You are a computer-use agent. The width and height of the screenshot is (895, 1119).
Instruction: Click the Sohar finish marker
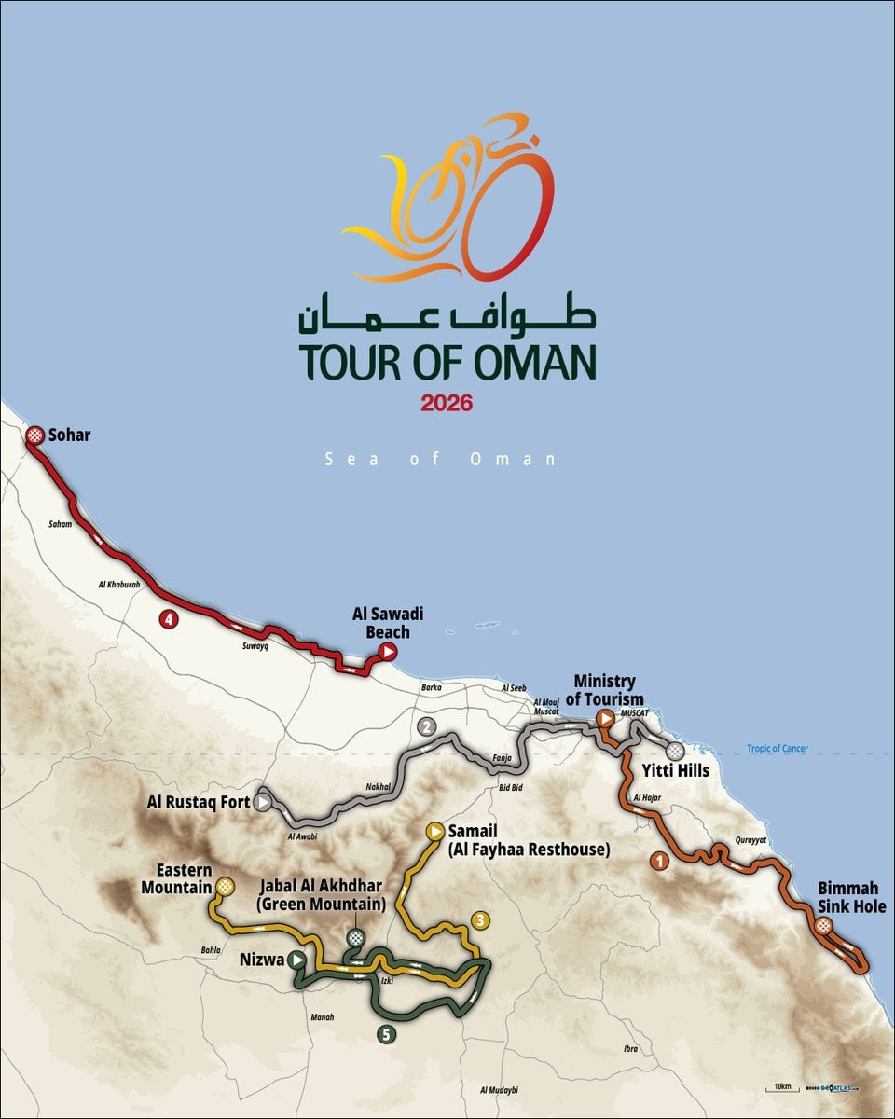pos(34,435)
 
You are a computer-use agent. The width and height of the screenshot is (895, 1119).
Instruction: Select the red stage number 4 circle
pos(167,618)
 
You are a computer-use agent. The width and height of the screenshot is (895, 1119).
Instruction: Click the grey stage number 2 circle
pos(427,727)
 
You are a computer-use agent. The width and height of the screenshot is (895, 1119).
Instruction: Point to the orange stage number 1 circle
pos(660,861)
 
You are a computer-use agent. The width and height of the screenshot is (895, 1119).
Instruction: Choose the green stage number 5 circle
pos(386,1033)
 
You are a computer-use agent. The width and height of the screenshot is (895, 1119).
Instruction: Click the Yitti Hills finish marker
pos(675,751)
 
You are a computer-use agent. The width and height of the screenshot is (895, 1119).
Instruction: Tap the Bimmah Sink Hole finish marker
pos(824,926)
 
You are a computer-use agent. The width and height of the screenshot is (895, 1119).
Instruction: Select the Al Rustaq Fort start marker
pos(265,802)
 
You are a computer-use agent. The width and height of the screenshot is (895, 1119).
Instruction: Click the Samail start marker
pos(434,830)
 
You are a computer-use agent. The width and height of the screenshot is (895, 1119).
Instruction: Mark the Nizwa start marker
pos(296,959)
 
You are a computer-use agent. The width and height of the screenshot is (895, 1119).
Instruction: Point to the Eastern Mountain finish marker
pos(225,886)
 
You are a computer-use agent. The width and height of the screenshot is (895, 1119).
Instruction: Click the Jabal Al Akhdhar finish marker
pos(355,937)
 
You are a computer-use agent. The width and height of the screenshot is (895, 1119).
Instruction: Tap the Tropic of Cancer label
pos(778,749)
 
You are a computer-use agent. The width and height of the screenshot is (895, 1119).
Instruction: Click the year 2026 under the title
pos(447,403)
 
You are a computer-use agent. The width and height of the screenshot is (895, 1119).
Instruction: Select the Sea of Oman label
pos(440,459)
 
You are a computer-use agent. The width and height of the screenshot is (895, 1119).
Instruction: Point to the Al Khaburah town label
pos(118,585)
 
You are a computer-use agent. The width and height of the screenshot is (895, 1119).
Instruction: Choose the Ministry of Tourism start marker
pos(605,718)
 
